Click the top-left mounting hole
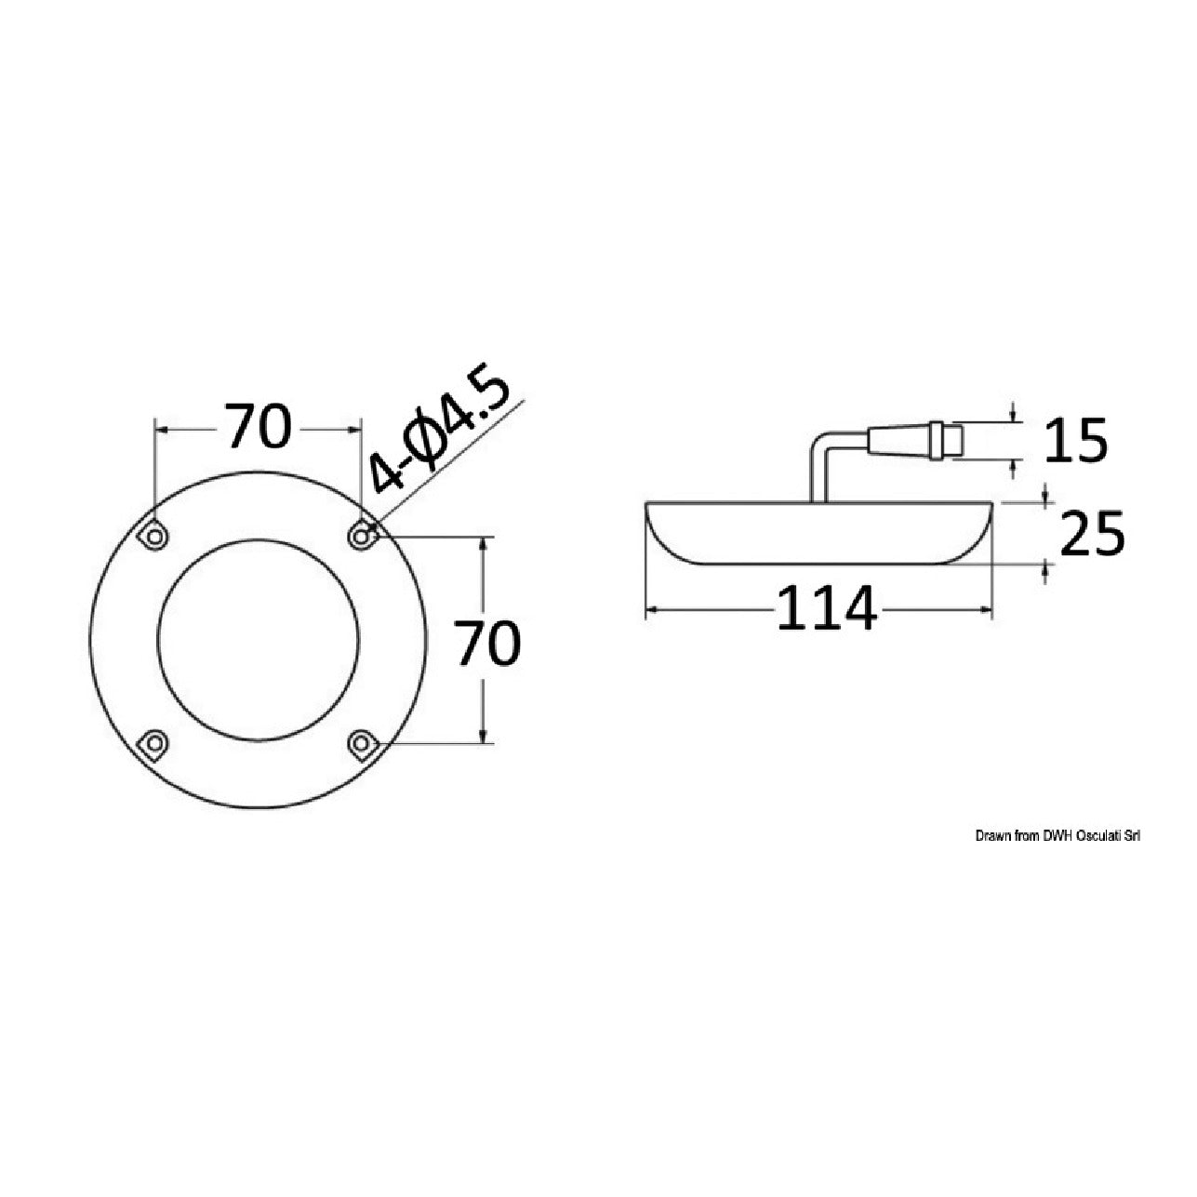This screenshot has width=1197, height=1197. tap(153, 534)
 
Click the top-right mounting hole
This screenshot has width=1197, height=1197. tap(361, 534)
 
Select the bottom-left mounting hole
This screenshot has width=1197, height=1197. tap(153, 742)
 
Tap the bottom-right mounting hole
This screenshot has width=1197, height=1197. tap(361, 742)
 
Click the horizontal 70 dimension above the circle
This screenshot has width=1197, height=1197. tap(258, 426)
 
